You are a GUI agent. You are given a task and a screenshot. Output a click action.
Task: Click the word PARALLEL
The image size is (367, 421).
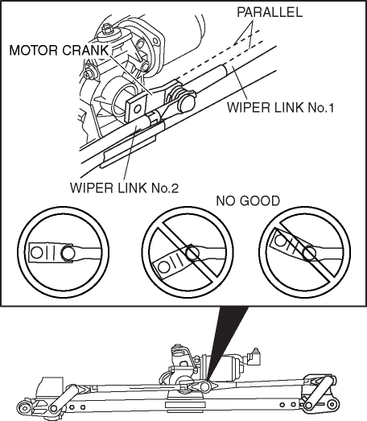tap(270, 12)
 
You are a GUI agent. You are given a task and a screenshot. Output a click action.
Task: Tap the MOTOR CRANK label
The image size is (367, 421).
tap(59, 50)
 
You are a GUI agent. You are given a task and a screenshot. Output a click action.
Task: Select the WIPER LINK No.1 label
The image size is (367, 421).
tap(280, 107)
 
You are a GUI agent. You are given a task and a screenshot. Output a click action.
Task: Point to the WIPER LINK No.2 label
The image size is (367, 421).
tap(124, 188)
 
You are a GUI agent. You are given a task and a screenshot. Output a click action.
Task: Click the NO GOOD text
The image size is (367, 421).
tap(248, 200)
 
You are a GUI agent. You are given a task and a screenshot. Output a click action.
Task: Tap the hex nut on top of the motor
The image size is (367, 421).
tap(107, 28)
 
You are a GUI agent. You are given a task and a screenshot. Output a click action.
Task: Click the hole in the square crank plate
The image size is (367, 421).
tap(138, 109)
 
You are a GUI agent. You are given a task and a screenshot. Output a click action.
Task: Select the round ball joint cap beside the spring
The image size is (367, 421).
tap(187, 103)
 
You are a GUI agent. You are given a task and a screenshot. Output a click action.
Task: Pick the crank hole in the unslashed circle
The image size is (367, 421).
tap(36, 253)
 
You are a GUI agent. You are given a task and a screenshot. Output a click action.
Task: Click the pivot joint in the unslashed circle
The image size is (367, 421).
tap(67, 253)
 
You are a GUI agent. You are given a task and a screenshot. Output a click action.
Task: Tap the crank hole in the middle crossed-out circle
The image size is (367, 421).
tap(163, 267)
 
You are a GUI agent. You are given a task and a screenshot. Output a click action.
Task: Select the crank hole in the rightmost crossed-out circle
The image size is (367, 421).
tap(280, 240)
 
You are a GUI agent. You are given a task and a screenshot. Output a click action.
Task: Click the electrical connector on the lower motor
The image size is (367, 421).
tap(254, 357)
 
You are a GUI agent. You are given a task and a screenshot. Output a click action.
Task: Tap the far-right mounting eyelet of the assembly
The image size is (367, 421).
tap(332, 404)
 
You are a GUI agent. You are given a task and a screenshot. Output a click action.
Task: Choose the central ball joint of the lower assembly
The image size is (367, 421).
tap(204, 386)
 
